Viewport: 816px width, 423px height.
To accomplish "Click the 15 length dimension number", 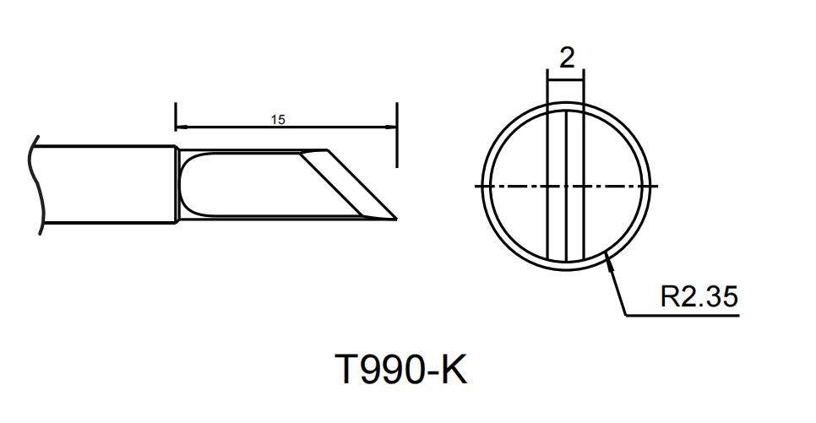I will pos(278,120).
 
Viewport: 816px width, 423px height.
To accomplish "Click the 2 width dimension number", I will pos(567,57).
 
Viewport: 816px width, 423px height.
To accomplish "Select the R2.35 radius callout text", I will pos(699,297).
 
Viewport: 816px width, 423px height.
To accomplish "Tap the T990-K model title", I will pos(400,369).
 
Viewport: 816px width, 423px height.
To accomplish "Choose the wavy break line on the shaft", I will pos(35,182).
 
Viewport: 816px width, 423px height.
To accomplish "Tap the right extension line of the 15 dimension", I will pos(397,131).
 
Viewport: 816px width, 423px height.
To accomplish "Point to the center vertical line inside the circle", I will pos(566,152).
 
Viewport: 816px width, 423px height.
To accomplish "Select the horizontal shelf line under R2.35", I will pos(684,316).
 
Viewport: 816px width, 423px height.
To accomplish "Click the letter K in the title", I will pos(453,369).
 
